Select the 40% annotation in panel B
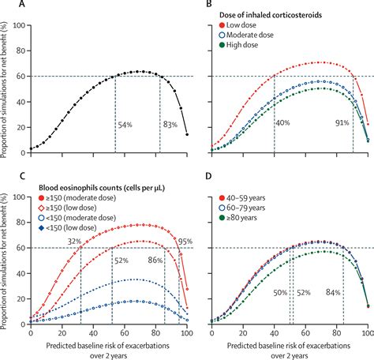283,123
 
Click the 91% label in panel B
341,123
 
